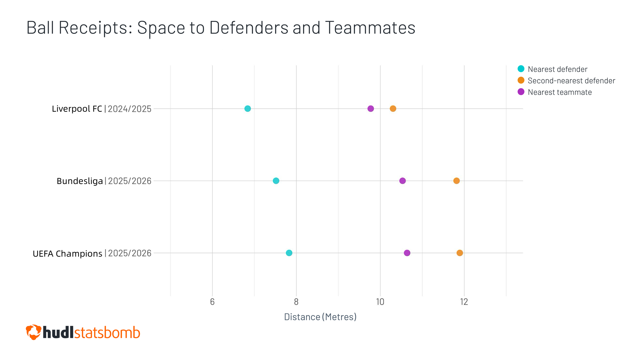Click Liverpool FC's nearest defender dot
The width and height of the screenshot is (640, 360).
pos(247,108)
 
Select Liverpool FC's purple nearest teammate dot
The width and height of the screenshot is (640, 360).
pos(371,108)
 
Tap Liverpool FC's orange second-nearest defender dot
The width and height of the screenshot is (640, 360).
pos(393,108)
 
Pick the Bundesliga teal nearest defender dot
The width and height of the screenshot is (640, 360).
pos(276,181)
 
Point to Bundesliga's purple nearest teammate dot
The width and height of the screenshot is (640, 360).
pos(403,181)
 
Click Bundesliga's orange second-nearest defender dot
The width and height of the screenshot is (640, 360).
pos(456,181)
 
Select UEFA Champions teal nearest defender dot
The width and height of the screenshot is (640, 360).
pos(289,253)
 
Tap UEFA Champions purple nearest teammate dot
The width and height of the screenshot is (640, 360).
pos(407,253)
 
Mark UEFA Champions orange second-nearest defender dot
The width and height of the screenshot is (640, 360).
pos(460,253)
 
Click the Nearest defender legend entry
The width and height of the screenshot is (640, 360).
pos(557,69)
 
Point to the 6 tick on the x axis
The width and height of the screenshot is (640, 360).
pos(212,302)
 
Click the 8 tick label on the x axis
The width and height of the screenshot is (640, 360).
pos(296,302)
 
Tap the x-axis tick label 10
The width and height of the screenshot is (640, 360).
pos(380,302)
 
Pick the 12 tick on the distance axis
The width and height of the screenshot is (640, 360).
pos(464,302)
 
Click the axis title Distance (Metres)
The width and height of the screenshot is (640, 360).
pos(320,317)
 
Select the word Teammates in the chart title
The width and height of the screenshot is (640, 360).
pos(370,28)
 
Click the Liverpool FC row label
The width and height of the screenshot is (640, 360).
pos(77,109)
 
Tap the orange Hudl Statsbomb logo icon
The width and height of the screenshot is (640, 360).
pos(33,332)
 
